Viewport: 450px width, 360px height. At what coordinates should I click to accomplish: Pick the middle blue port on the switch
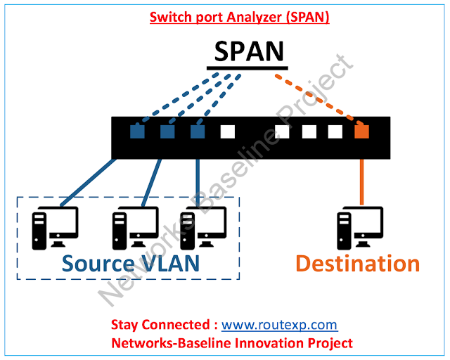(x=167, y=131)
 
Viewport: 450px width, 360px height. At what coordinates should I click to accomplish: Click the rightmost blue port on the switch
(x=198, y=131)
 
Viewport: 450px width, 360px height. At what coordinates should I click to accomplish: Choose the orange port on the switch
(x=362, y=131)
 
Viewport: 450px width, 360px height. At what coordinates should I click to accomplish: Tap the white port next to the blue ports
(x=227, y=131)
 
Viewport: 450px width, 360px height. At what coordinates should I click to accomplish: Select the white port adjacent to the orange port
(x=335, y=131)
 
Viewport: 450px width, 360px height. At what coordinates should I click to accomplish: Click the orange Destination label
(x=357, y=263)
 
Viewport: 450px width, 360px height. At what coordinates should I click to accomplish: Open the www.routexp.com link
(x=279, y=326)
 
